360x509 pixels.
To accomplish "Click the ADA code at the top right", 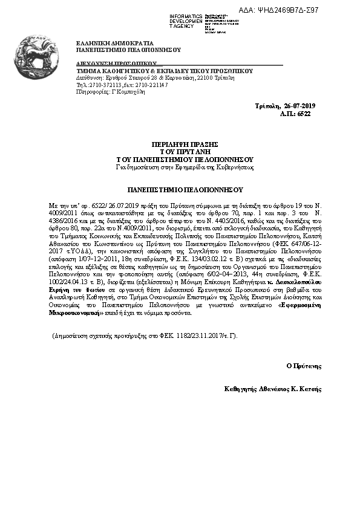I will tap(313, 10).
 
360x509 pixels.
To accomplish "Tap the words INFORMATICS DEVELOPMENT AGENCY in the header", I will tap(186, 21).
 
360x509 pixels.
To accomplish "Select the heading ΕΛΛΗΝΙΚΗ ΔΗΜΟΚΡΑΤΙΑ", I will tap(114, 44).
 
